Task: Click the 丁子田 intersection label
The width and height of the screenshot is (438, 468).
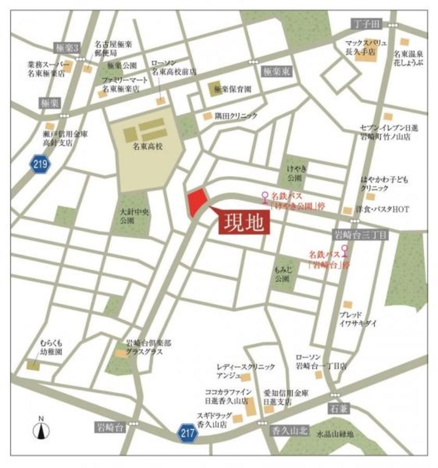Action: [366, 24]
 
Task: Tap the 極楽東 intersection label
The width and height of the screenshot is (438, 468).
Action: [276, 73]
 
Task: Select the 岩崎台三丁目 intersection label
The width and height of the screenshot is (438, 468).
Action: [360, 235]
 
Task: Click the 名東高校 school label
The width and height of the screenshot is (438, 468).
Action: [147, 147]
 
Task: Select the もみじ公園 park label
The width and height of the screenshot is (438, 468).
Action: [281, 275]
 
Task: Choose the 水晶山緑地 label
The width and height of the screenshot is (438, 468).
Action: [335, 434]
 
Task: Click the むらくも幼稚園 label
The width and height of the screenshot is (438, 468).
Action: [51, 347]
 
